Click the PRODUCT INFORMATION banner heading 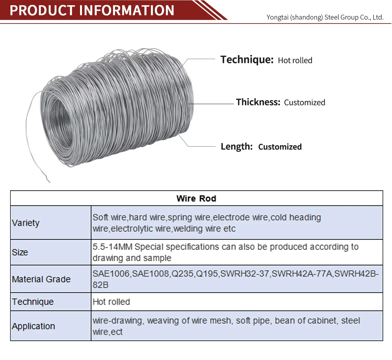(x=92, y=10)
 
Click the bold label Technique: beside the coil (x=247, y=60)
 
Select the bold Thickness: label (x=258, y=102)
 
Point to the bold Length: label (x=237, y=147)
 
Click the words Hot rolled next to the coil (x=295, y=60)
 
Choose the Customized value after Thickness (x=304, y=102)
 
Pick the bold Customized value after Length (x=280, y=147)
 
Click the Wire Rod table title (x=196, y=198)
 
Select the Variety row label (x=25, y=223)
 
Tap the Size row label (x=20, y=252)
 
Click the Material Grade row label (x=41, y=279)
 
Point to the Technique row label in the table (x=33, y=302)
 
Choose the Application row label (x=33, y=326)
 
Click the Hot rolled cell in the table (x=111, y=302)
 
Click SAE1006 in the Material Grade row (x=111, y=274)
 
